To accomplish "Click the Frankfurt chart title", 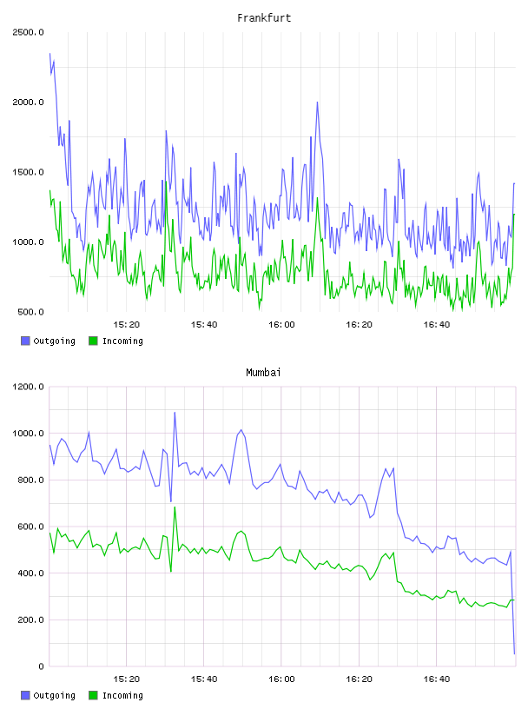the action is pos(264,18).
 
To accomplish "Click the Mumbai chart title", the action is pos(263,373).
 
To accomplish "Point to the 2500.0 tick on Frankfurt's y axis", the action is pos(28,32).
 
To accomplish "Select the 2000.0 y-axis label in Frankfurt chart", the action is pos(28,103).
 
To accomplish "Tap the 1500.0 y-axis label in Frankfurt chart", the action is pos(28,172).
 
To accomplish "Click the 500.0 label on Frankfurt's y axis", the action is pos(30,312).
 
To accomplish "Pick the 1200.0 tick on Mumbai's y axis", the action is pos(28,387).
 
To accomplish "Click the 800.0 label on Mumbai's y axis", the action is pos(30,480).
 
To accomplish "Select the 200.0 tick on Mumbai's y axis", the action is pos(30,620).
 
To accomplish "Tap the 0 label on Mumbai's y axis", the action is pos(41,666).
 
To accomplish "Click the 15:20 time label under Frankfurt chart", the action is pos(126,325).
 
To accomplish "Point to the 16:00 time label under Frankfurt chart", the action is pos(281,325).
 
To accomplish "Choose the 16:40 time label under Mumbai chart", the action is pos(436,679).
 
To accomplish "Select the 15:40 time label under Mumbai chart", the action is pos(204,679).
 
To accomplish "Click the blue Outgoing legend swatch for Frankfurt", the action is pos(25,341).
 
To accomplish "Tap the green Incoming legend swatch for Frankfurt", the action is pos(93,341).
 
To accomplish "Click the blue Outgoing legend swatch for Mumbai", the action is pos(25,695).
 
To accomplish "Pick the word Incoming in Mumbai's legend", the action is pos(122,696).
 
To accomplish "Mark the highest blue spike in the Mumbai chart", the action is pos(175,413).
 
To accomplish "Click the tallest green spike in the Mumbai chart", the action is pos(175,507).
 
